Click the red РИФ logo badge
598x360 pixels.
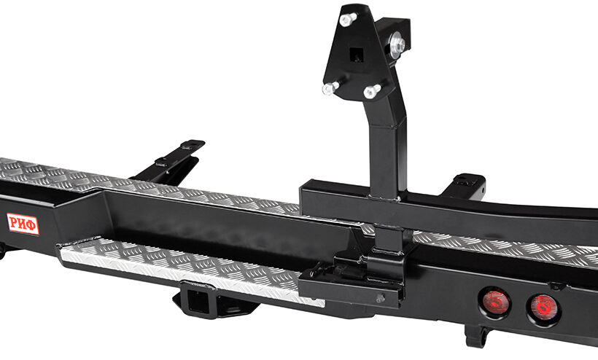pyautogui.click(x=23, y=224)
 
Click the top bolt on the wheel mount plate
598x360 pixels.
pyautogui.click(x=347, y=19)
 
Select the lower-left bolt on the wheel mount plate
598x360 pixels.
pyautogui.click(x=330, y=88)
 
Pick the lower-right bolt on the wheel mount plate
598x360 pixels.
pyautogui.click(x=371, y=91)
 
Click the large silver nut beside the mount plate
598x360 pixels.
pyautogui.click(x=397, y=45)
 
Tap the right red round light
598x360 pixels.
pyautogui.click(x=543, y=306)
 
